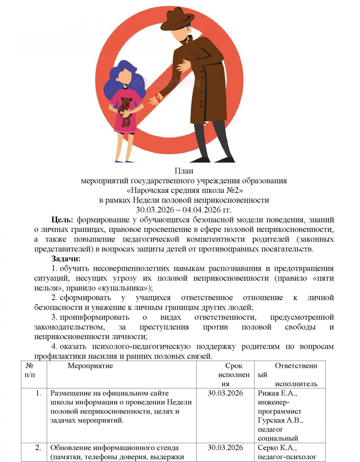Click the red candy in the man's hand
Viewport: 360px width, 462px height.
158,98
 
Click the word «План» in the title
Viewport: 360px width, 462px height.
184,170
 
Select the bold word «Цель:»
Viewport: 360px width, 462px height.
62,220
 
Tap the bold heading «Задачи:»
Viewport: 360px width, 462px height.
66,259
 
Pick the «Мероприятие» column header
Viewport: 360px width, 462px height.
90,366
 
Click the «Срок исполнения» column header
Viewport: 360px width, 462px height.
234,375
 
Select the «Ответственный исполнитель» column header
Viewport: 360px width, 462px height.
295,375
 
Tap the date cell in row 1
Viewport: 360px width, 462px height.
225,393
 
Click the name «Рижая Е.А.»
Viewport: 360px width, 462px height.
277,393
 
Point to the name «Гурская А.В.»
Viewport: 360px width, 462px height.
280,420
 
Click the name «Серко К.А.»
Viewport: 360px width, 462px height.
277,448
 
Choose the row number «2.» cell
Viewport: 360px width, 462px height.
38,448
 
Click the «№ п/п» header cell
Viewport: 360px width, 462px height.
30,370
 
